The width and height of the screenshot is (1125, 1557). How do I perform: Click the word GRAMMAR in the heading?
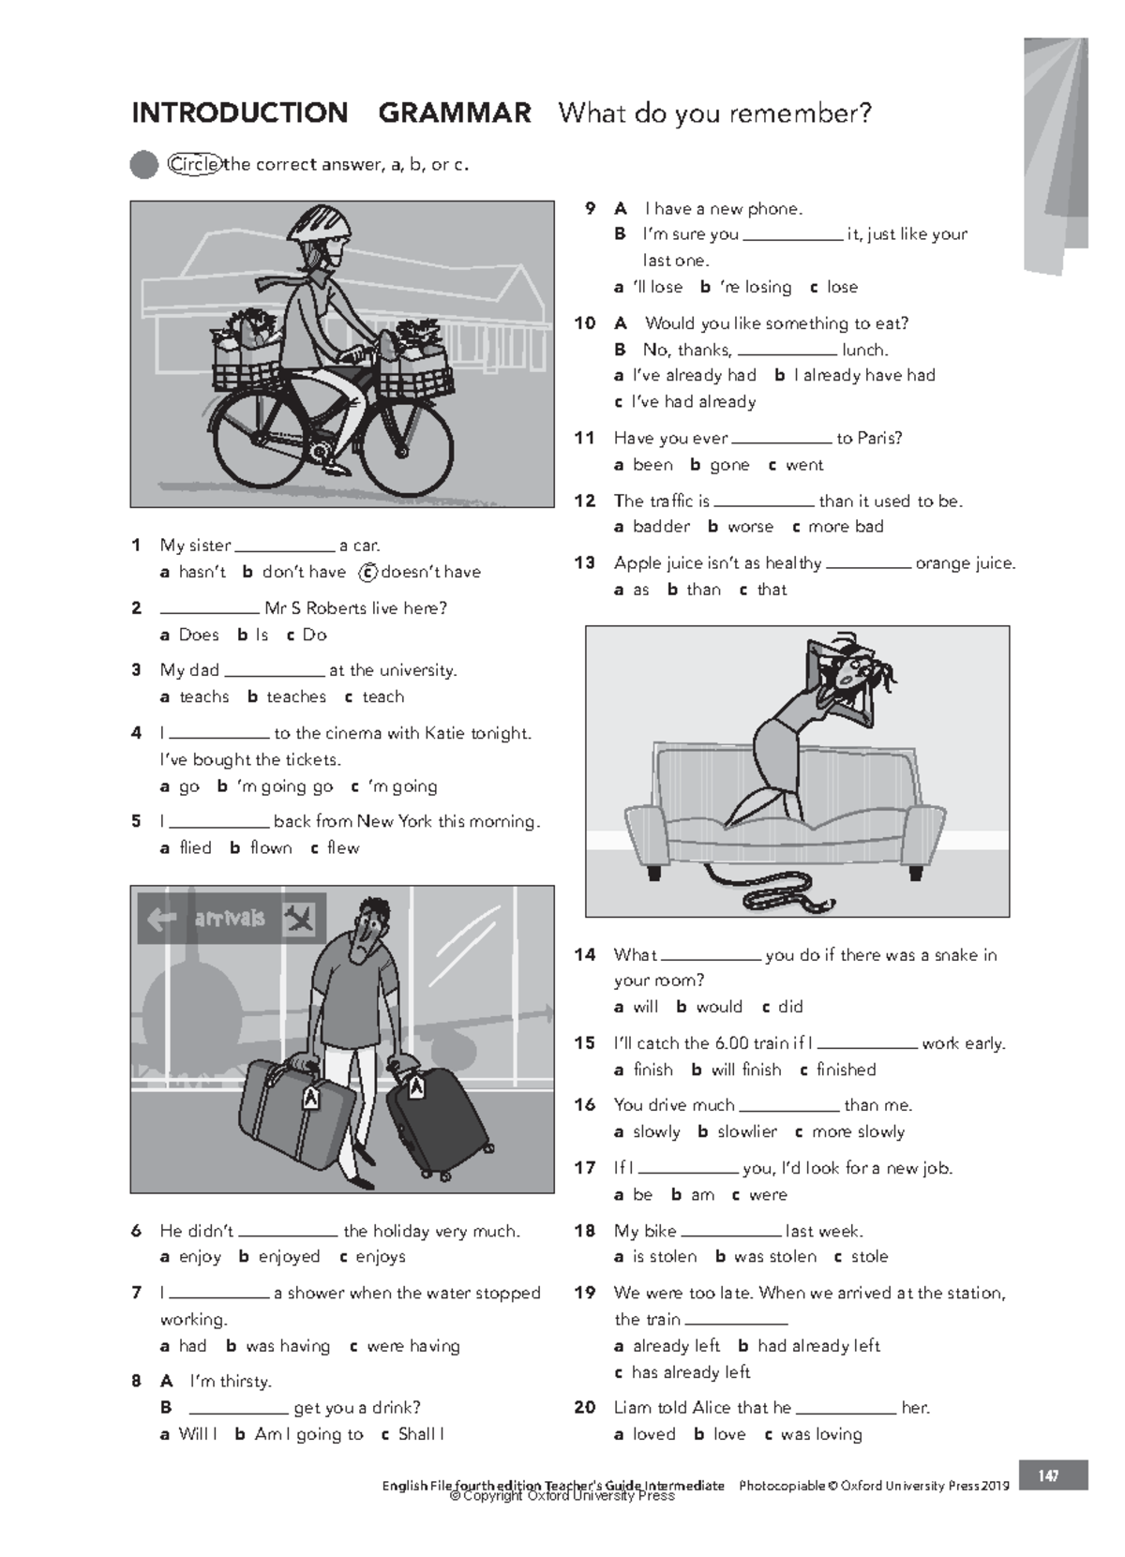(x=454, y=113)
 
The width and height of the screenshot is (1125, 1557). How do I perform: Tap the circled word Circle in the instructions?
(x=194, y=165)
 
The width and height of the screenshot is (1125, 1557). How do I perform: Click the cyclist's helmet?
(x=322, y=225)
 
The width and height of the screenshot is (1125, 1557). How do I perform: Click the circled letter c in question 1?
(x=368, y=572)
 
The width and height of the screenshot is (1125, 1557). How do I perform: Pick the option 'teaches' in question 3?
(x=296, y=696)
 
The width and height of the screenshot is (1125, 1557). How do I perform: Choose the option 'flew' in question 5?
(x=343, y=847)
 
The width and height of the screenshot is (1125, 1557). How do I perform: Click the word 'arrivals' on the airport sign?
(x=230, y=919)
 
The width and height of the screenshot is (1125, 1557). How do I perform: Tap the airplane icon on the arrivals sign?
(x=299, y=919)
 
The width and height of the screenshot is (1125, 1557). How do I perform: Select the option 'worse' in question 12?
(x=750, y=527)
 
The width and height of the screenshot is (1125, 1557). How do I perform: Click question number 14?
(x=585, y=954)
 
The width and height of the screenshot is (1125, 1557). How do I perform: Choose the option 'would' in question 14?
(x=719, y=1007)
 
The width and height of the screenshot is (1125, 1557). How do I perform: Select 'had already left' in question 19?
(x=818, y=1346)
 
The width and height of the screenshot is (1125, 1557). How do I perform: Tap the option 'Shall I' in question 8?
(x=421, y=1434)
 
